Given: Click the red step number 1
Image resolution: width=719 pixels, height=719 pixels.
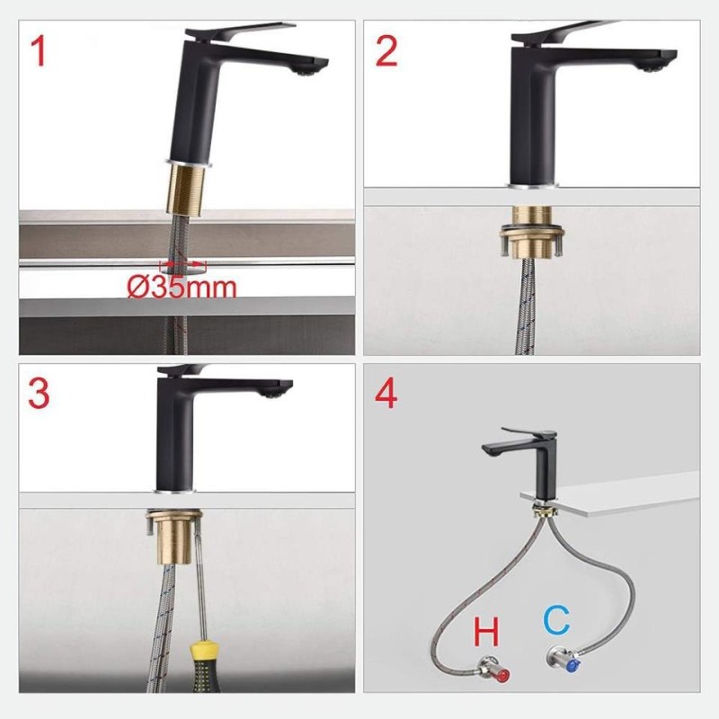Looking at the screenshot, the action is click(38, 51).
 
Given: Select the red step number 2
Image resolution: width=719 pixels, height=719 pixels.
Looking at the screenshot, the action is click(386, 51).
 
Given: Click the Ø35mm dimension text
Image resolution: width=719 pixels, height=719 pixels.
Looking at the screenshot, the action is click(182, 288).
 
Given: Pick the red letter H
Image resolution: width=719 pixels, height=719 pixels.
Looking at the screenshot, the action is click(486, 632).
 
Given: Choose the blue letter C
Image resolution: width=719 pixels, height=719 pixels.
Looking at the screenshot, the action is click(556, 619).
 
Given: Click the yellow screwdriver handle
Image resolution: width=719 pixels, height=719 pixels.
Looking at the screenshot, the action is click(205, 668).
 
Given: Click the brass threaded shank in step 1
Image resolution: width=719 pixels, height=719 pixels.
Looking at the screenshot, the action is click(186, 190).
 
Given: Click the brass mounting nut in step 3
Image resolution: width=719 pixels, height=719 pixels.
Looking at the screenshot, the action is click(173, 537).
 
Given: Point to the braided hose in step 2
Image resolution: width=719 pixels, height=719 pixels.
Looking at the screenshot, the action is click(524, 306).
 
